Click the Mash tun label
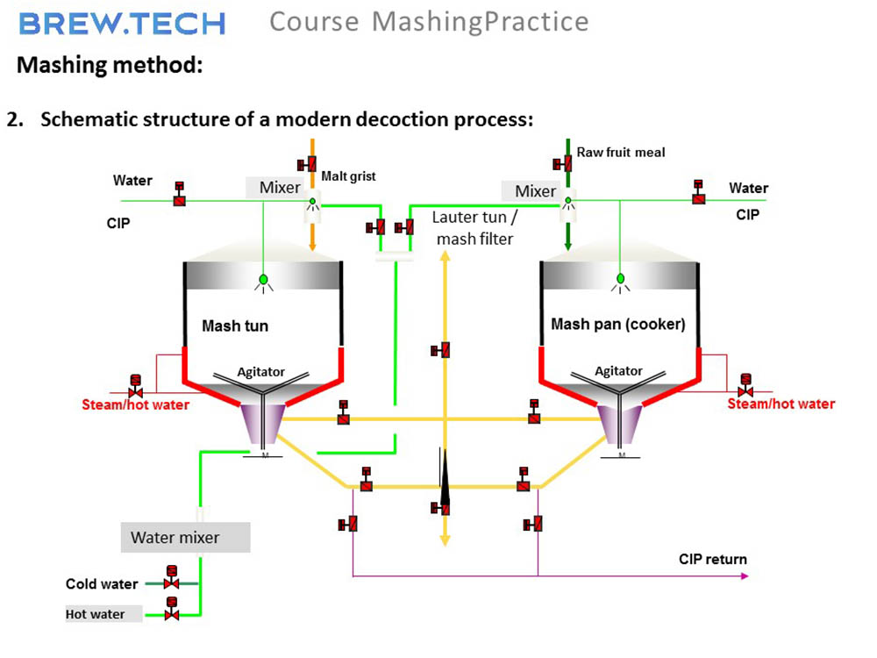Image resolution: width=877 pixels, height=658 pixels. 235,326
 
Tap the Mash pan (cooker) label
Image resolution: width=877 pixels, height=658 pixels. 617,325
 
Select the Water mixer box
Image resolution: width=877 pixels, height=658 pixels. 185,538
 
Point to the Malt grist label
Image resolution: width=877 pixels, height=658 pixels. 348,176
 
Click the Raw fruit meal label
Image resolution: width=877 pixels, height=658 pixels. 620,153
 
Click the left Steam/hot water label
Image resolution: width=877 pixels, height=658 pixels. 136,405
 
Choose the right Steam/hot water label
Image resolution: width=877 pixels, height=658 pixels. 781,404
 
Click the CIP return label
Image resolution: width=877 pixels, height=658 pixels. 712,560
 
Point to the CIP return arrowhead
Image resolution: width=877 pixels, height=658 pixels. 745,576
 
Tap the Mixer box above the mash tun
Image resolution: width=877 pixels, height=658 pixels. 280,188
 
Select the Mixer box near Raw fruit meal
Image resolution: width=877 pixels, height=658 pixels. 535,191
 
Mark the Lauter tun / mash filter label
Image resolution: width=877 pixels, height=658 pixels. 474,227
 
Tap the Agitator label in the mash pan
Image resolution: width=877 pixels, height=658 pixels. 618,371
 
